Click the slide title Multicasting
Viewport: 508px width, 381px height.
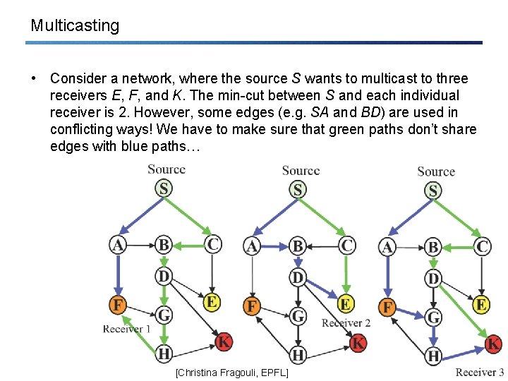[75, 26]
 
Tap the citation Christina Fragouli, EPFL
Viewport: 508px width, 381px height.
[231, 372]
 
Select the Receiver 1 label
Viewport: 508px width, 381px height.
[127, 329]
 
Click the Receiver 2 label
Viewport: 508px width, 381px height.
[346, 323]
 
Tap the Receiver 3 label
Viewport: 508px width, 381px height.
[480, 372]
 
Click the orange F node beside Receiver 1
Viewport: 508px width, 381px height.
[117, 306]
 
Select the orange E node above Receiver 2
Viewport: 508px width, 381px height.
[346, 304]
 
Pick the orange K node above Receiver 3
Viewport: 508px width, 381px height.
[493, 344]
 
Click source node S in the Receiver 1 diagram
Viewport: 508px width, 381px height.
[164, 188]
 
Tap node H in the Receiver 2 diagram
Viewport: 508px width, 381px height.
[298, 353]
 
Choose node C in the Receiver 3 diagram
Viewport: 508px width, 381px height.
[482, 247]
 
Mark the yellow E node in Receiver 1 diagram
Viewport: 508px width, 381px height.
[211, 302]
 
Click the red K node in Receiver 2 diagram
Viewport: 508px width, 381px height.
[358, 343]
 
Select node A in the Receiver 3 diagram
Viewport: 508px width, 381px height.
[387, 248]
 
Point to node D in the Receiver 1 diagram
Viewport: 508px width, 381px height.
[164, 276]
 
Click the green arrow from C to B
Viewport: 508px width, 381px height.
[188, 246]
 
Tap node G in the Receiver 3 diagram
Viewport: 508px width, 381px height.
[433, 317]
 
